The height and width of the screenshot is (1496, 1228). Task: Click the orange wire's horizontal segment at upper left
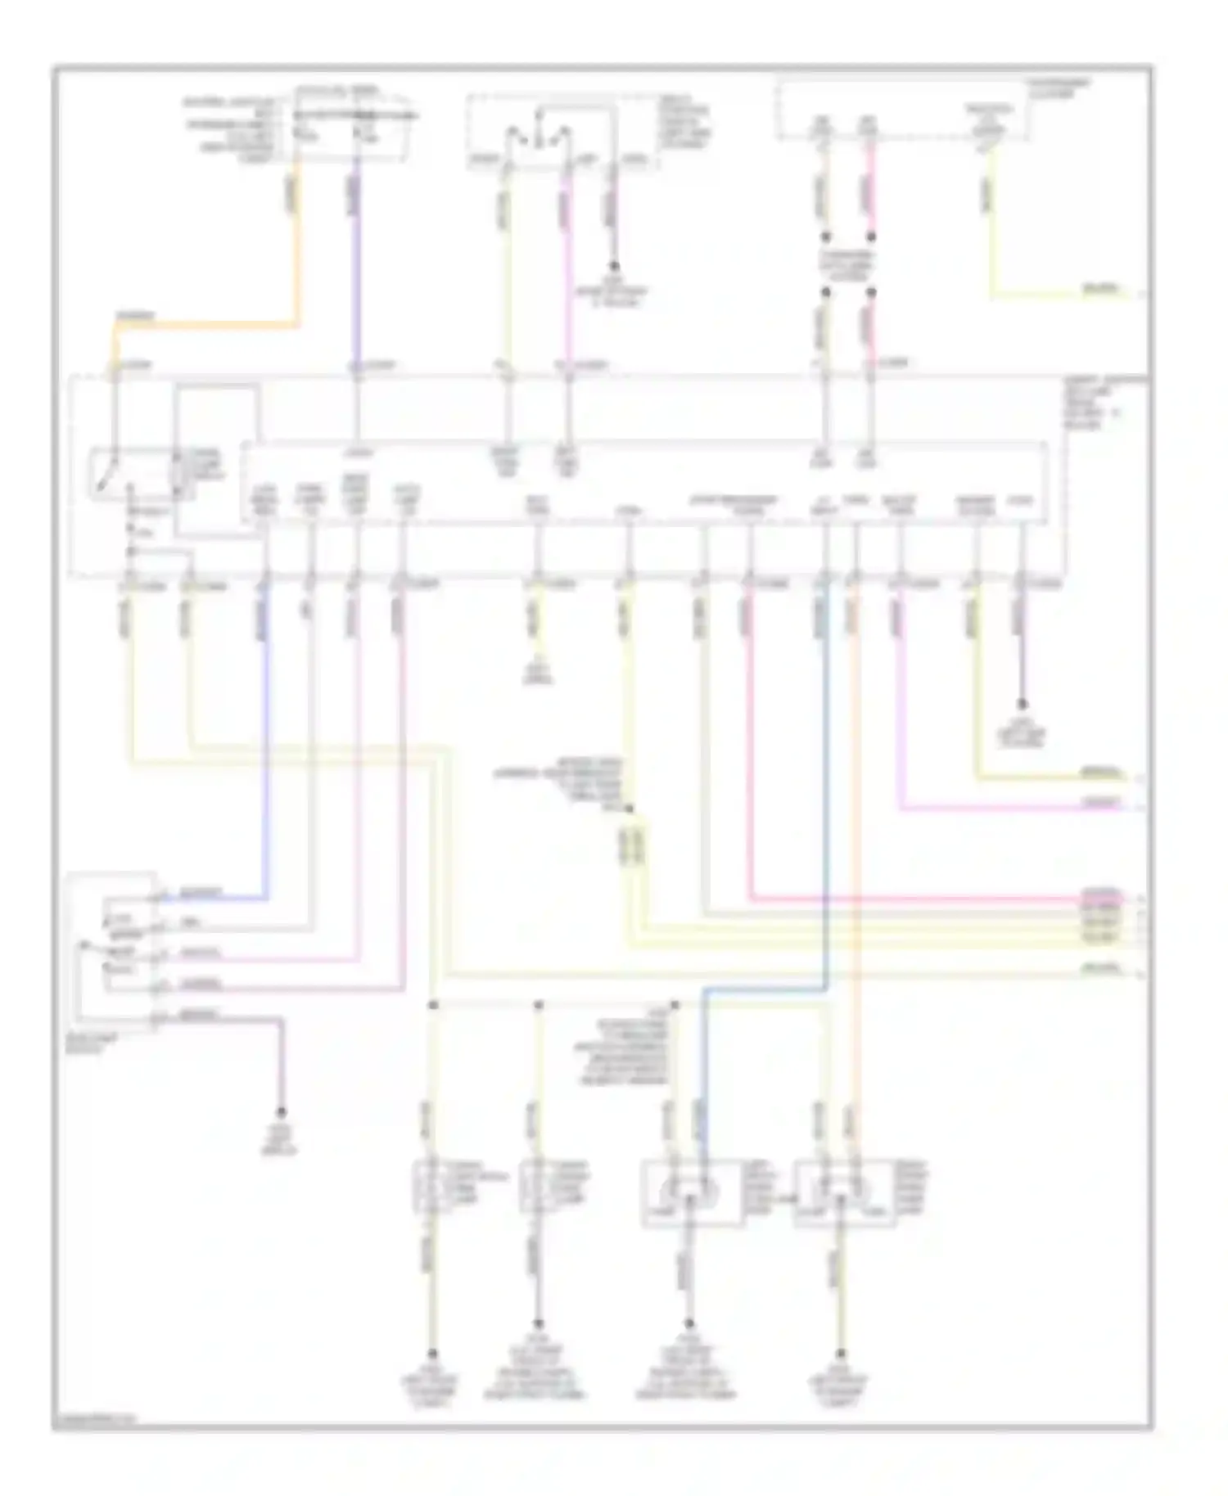(x=205, y=325)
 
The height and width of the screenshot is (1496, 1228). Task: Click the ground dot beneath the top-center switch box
(x=613, y=266)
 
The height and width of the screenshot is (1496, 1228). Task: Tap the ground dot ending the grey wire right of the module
(x=1021, y=705)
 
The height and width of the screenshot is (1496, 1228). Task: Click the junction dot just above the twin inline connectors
(x=629, y=809)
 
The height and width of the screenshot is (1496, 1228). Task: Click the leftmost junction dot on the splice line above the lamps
(x=433, y=1003)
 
